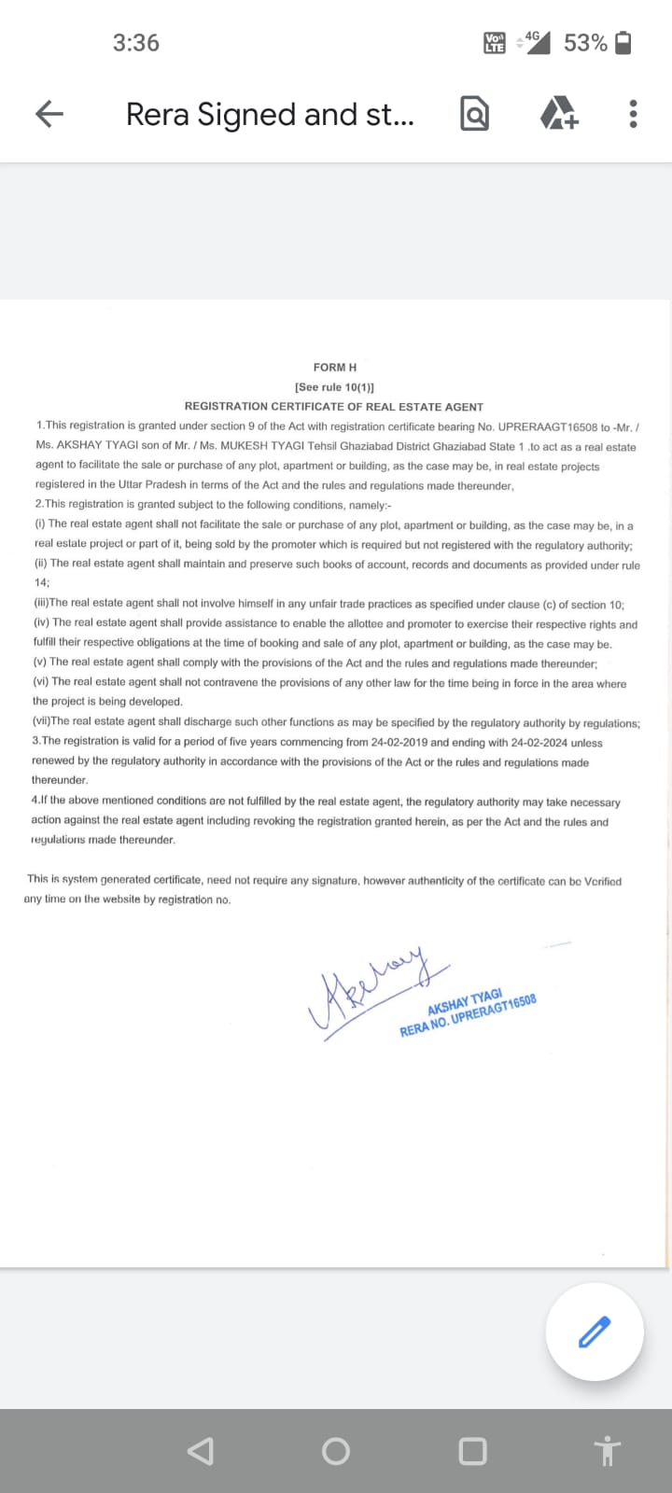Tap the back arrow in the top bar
click(49, 114)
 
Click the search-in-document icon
click(474, 114)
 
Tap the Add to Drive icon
click(559, 114)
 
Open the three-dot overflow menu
click(634, 114)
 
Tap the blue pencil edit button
click(595, 1332)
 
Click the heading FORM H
click(335, 368)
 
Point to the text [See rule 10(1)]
click(335, 387)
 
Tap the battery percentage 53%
click(585, 43)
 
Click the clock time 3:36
click(136, 43)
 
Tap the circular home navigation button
click(336, 1451)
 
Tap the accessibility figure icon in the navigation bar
click(608, 1451)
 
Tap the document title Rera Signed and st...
click(270, 114)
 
